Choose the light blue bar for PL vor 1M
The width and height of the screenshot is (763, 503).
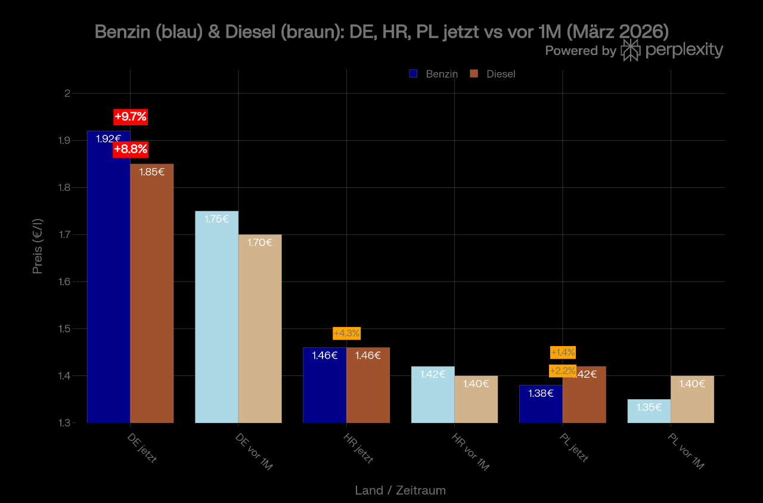pyautogui.click(x=649, y=412)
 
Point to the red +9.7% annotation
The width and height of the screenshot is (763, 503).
pyautogui.click(x=131, y=116)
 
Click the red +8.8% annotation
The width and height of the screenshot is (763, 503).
pyautogui.click(x=131, y=150)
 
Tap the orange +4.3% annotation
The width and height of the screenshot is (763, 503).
pyautogui.click(x=346, y=333)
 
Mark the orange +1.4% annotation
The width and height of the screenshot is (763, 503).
pyautogui.click(x=563, y=353)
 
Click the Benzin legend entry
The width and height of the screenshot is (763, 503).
pyautogui.click(x=433, y=74)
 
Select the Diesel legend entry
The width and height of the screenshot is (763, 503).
pyautogui.click(x=493, y=74)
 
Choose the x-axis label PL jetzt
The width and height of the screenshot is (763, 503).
pyautogui.click(x=574, y=448)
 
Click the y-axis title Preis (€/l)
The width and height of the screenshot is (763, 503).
pyautogui.click(x=38, y=246)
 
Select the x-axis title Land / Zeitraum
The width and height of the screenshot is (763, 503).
pyautogui.click(x=400, y=490)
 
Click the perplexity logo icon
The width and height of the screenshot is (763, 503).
pyautogui.click(x=630, y=50)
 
